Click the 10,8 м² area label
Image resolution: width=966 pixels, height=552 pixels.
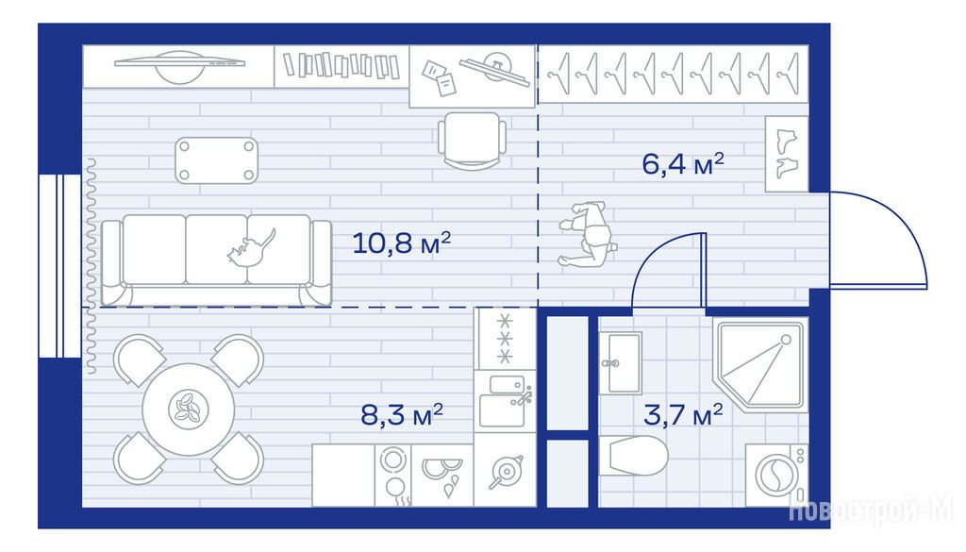[x=401, y=243]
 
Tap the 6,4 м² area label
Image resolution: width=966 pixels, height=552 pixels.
[x=683, y=164]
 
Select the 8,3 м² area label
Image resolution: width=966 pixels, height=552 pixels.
[x=402, y=414]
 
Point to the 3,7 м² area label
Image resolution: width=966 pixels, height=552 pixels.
[x=683, y=414]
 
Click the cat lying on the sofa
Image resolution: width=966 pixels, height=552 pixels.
[x=251, y=247]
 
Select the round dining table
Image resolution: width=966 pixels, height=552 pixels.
[x=189, y=410]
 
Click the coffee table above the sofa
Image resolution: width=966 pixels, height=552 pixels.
[x=216, y=160]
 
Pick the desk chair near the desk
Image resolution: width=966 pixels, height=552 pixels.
[x=473, y=141]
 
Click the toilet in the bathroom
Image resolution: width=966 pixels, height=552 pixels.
[x=633, y=456]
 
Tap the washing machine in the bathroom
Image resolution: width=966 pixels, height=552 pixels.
[x=776, y=475]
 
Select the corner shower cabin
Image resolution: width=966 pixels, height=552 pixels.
[x=760, y=364]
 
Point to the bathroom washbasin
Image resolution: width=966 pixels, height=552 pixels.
[x=621, y=363]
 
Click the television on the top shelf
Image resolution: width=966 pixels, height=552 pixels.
[x=179, y=65]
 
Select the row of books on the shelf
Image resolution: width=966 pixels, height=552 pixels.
[x=341, y=65]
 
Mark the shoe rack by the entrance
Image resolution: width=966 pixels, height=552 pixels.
[x=787, y=154]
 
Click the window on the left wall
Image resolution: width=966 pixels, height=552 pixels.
[x=59, y=265]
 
